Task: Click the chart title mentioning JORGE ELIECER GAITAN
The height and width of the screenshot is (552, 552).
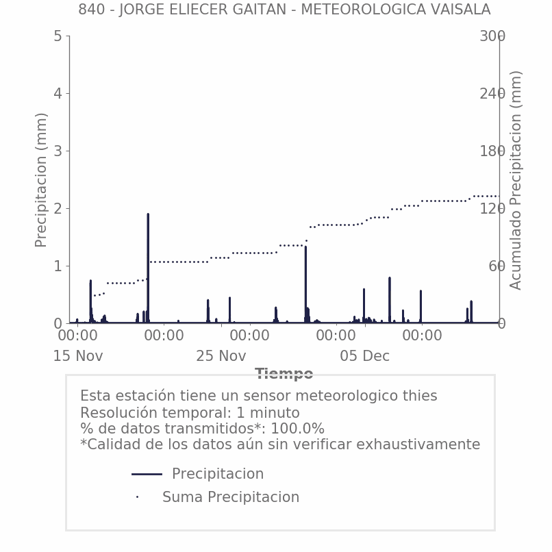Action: point(284,10)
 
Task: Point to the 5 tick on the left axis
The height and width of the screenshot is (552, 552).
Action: point(58,36)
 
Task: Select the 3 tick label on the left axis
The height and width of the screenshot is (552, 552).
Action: point(58,151)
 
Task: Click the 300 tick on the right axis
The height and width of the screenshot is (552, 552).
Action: point(492,36)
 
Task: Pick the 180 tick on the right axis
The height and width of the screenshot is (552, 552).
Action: point(492,151)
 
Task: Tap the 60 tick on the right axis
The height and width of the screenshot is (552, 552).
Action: point(496,266)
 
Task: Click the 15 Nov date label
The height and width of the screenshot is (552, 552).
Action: point(78,356)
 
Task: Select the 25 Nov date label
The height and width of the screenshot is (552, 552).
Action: point(221,356)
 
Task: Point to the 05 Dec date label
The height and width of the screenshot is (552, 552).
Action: point(364,356)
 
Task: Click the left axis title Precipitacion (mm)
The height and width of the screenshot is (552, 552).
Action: point(41,179)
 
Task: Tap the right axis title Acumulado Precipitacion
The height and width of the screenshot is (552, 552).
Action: point(516,179)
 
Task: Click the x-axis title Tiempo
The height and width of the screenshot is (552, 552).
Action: point(284,374)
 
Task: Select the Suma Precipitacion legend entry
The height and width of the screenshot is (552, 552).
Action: point(230,497)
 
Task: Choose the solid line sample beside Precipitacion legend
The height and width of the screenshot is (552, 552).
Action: point(147,474)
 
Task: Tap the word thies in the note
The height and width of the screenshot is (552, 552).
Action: point(419,396)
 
